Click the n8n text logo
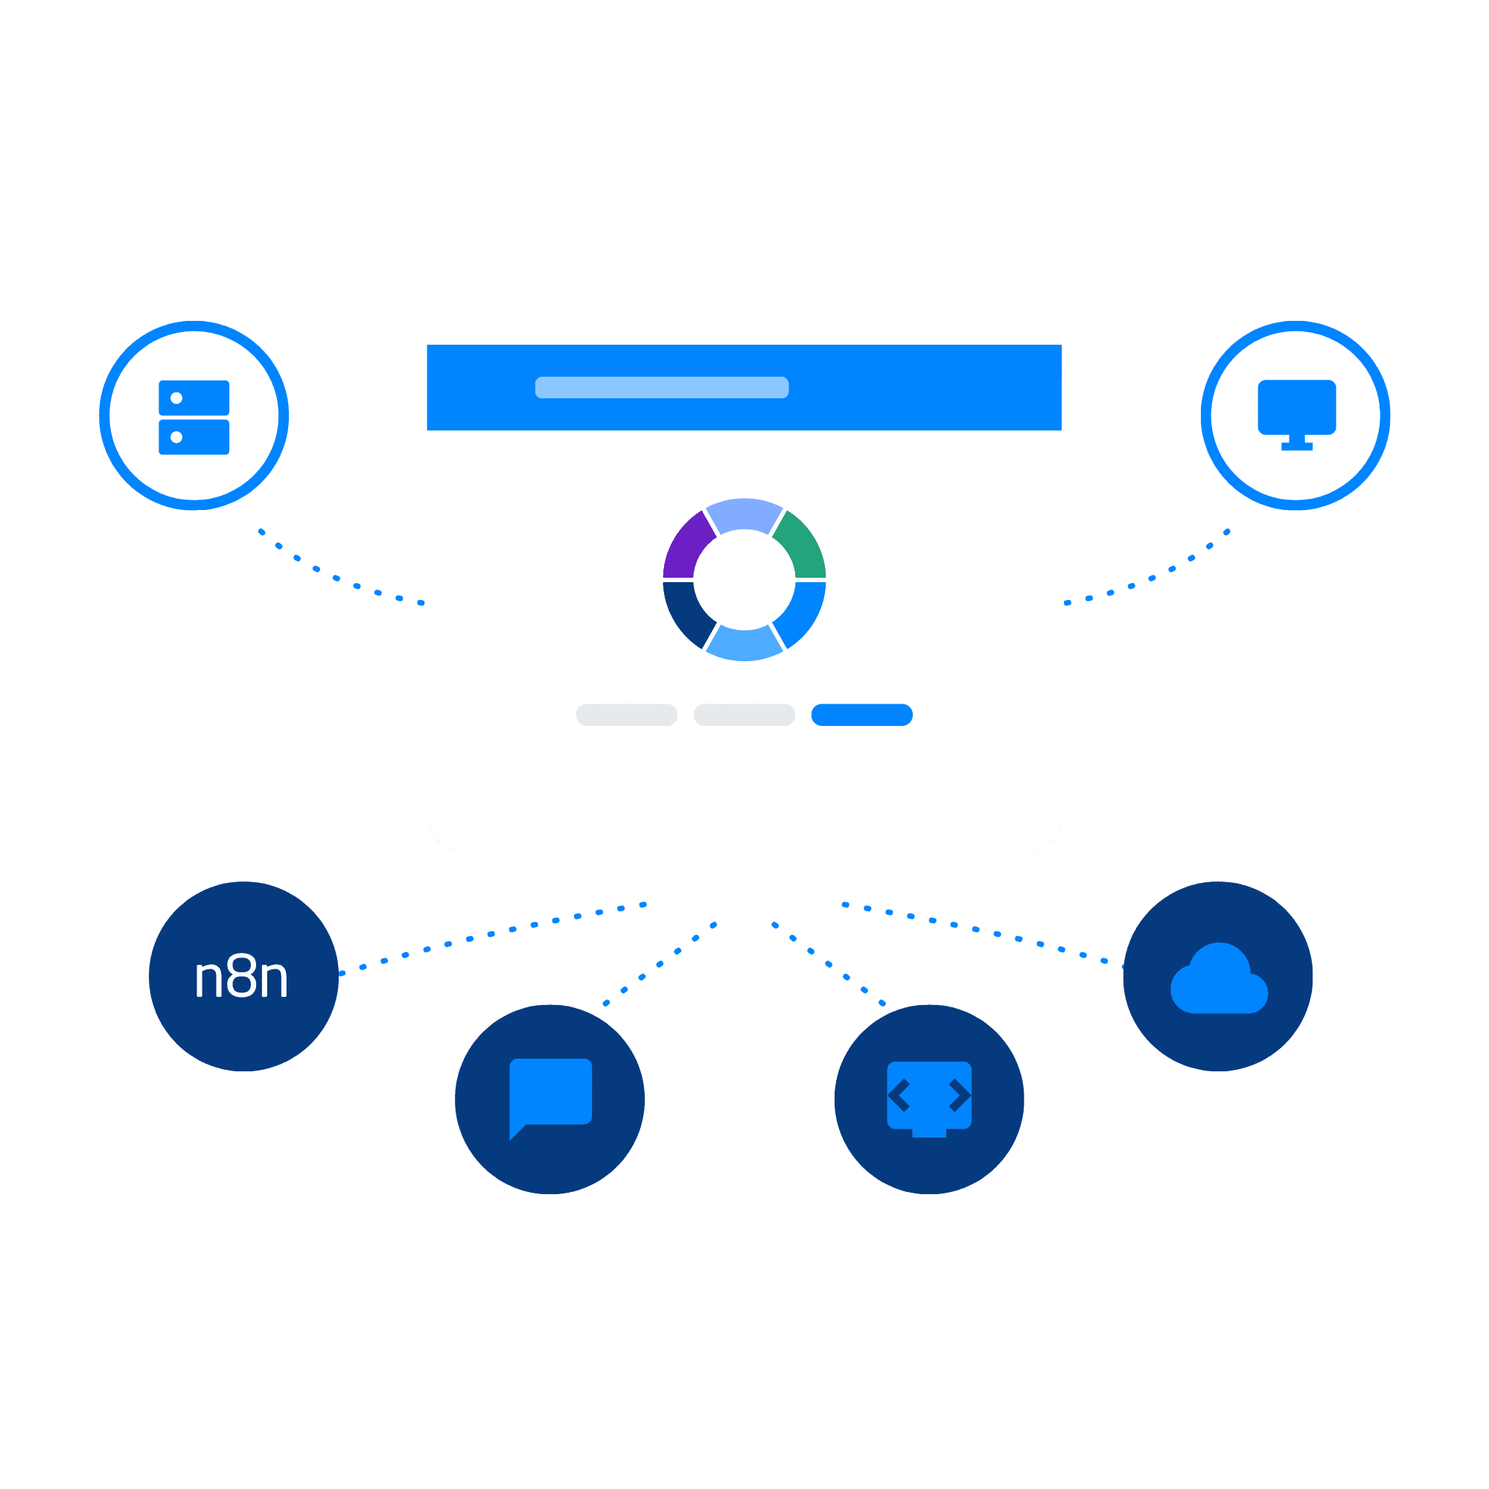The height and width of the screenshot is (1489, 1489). [x=241, y=977]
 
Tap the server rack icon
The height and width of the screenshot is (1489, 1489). [x=194, y=417]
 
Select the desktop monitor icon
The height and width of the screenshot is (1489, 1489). [x=1296, y=415]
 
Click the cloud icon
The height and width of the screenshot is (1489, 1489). [x=1219, y=978]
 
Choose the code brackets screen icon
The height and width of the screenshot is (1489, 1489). [x=929, y=1099]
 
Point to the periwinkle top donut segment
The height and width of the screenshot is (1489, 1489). [x=744, y=514]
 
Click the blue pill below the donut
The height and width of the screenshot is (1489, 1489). [x=861, y=715]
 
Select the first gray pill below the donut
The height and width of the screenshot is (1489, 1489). [x=627, y=715]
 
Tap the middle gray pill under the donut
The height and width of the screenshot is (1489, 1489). [x=744, y=715]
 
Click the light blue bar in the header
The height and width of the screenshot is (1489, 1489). [x=662, y=388]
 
